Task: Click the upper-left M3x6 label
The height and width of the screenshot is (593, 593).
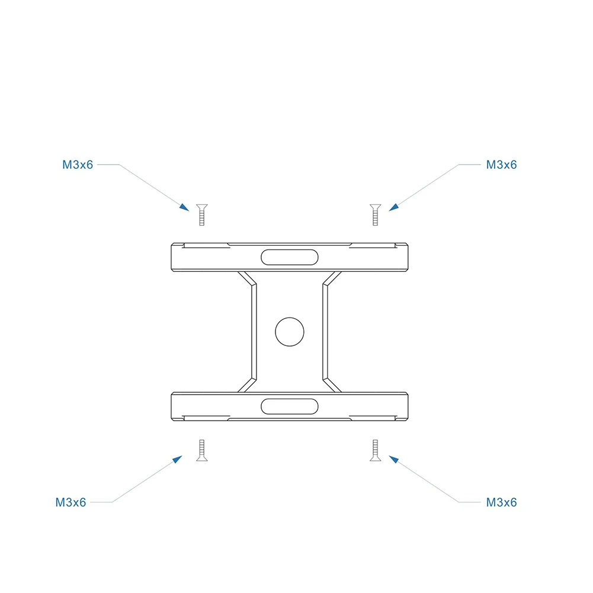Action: pos(78,165)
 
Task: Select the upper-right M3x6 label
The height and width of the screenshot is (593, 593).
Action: pos(501,165)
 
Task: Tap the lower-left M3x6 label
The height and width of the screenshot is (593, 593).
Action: pos(71,502)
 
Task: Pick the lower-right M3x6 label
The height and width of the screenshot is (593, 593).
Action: pos(501,502)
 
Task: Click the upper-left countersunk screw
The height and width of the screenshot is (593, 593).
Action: pos(201,214)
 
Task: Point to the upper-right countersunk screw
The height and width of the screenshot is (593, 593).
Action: pos(374,214)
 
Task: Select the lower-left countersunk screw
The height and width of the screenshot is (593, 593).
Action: pos(201,451)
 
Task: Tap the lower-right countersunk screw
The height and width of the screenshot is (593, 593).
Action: pos(374,451)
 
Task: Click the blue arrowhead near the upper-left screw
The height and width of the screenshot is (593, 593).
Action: pos(185,207)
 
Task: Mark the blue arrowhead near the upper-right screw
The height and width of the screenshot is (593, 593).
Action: pos(393,207)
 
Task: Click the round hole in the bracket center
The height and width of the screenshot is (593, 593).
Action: pos(289,331)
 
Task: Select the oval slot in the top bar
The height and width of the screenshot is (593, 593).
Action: pos(289,257)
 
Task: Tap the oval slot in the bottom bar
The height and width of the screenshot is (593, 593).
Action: pos(289,406)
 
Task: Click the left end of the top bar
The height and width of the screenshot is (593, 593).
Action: pos(174,257)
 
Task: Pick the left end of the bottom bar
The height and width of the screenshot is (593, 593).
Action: pos(174,406)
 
